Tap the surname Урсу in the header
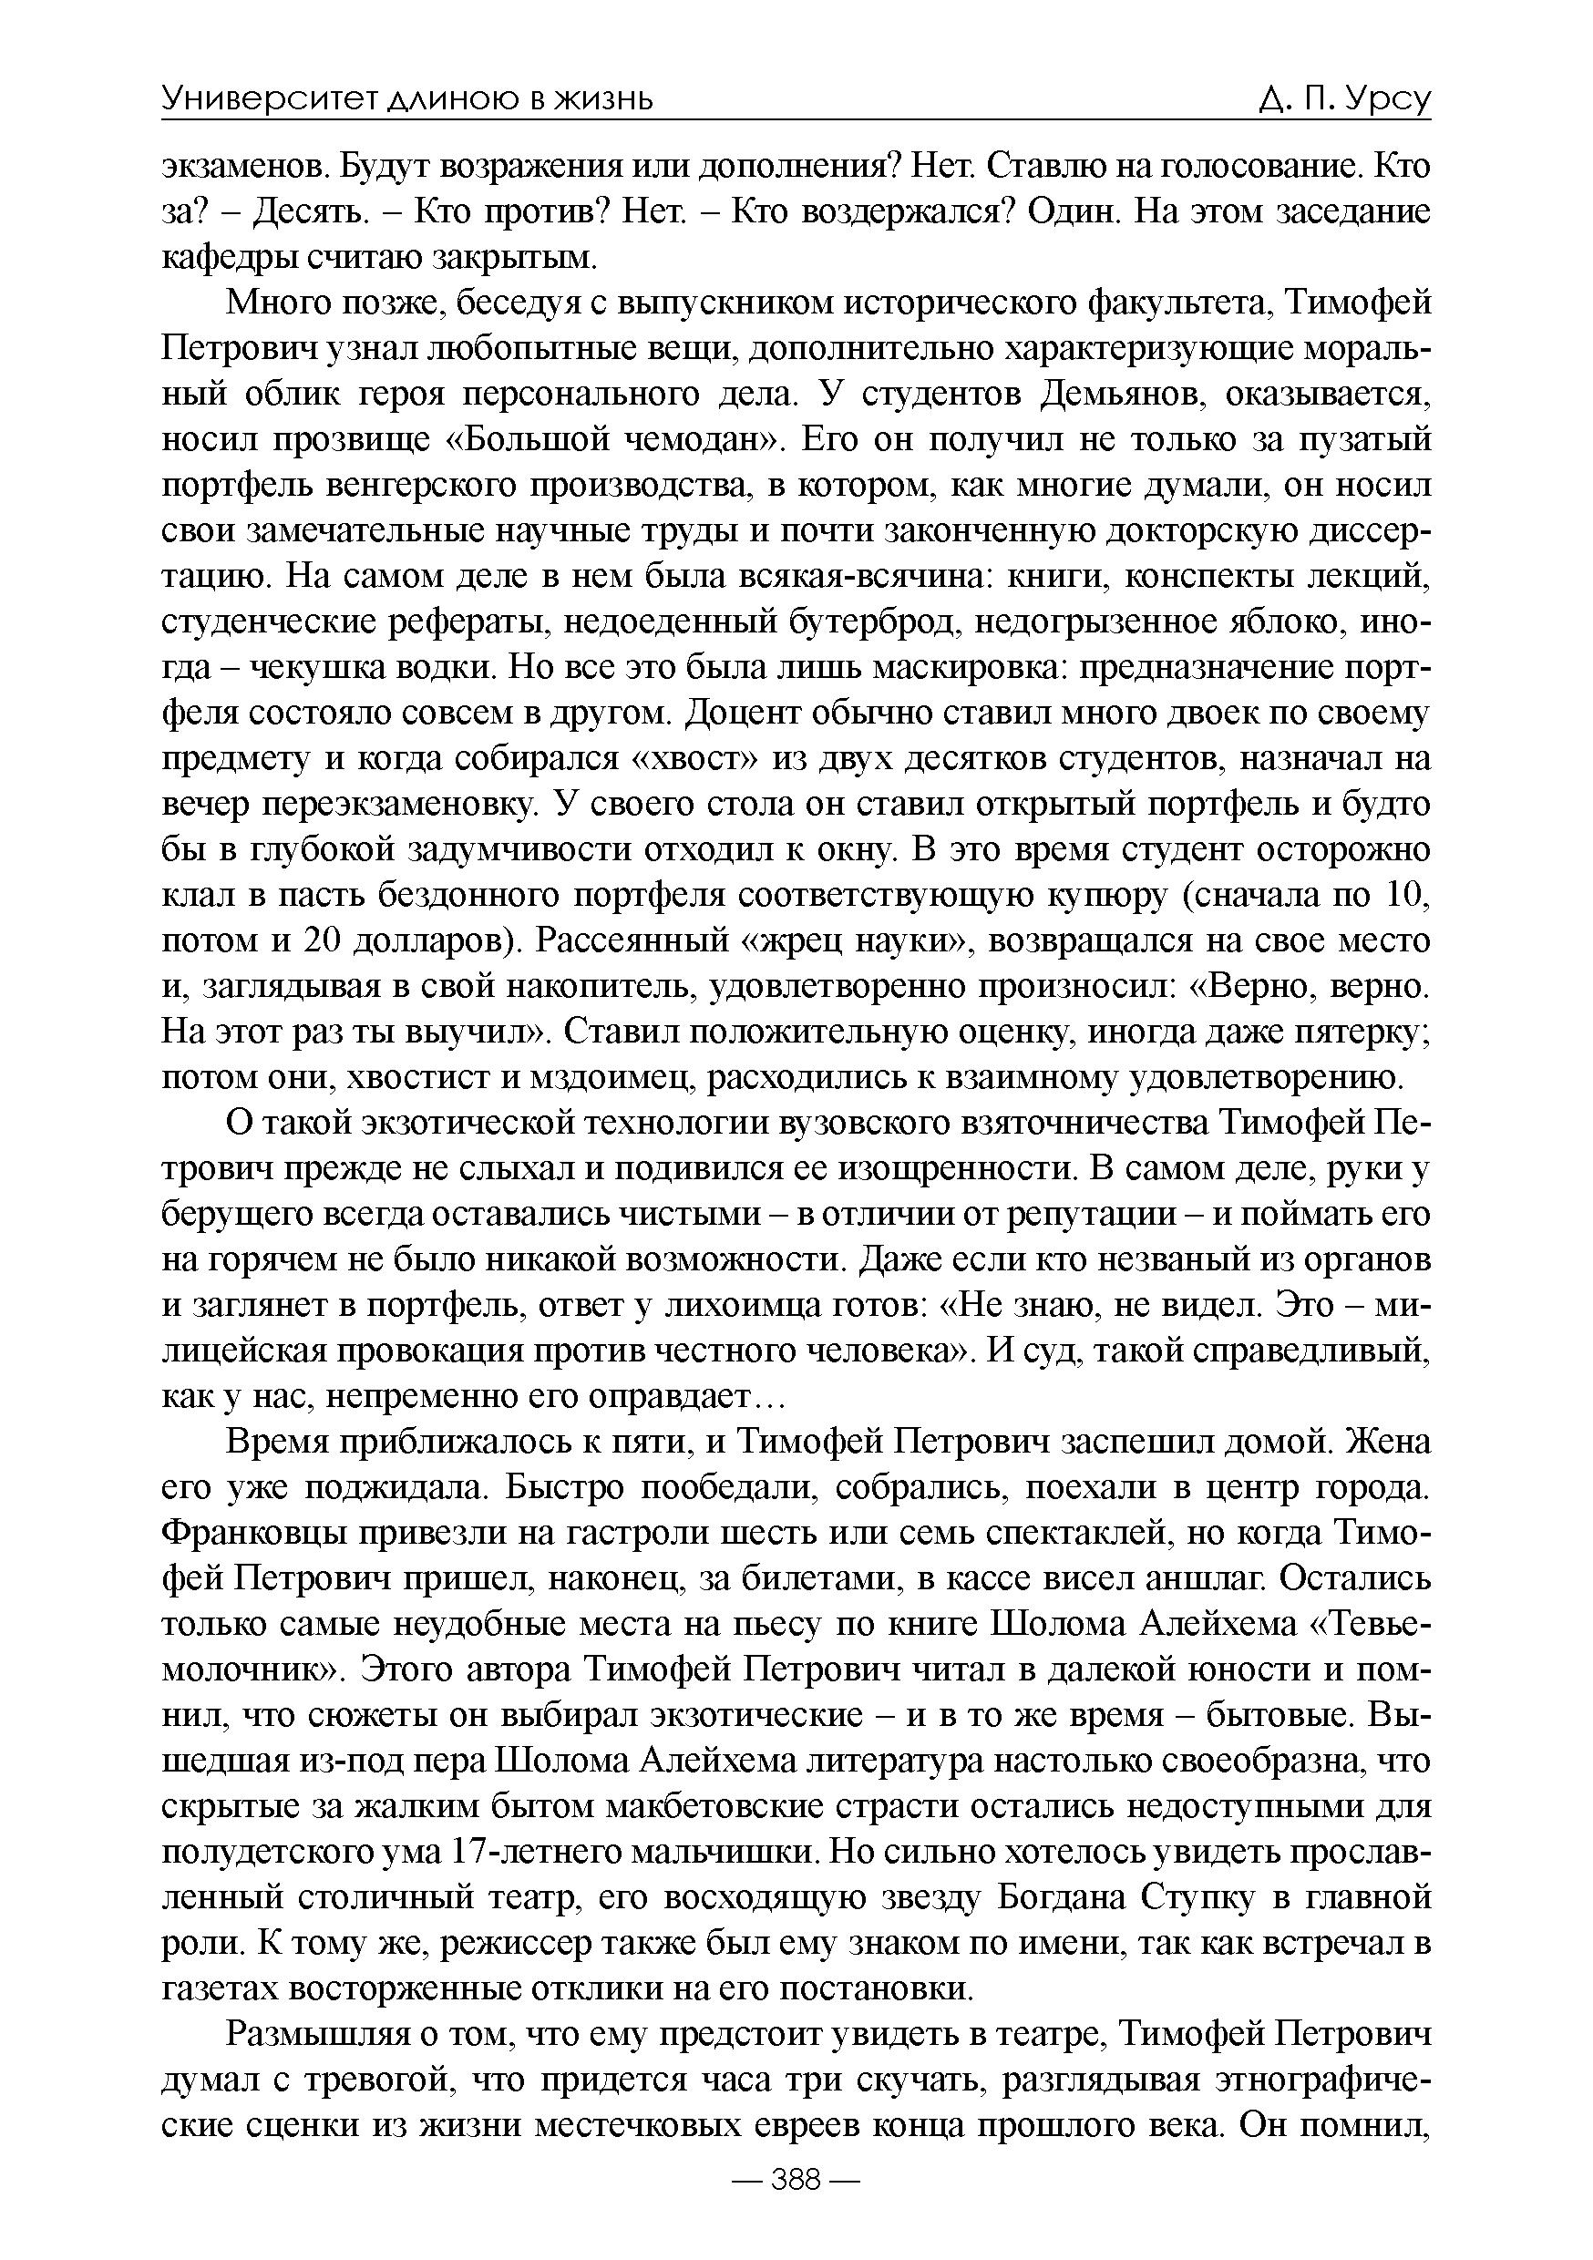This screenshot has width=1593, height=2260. (x=1385, y=98)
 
